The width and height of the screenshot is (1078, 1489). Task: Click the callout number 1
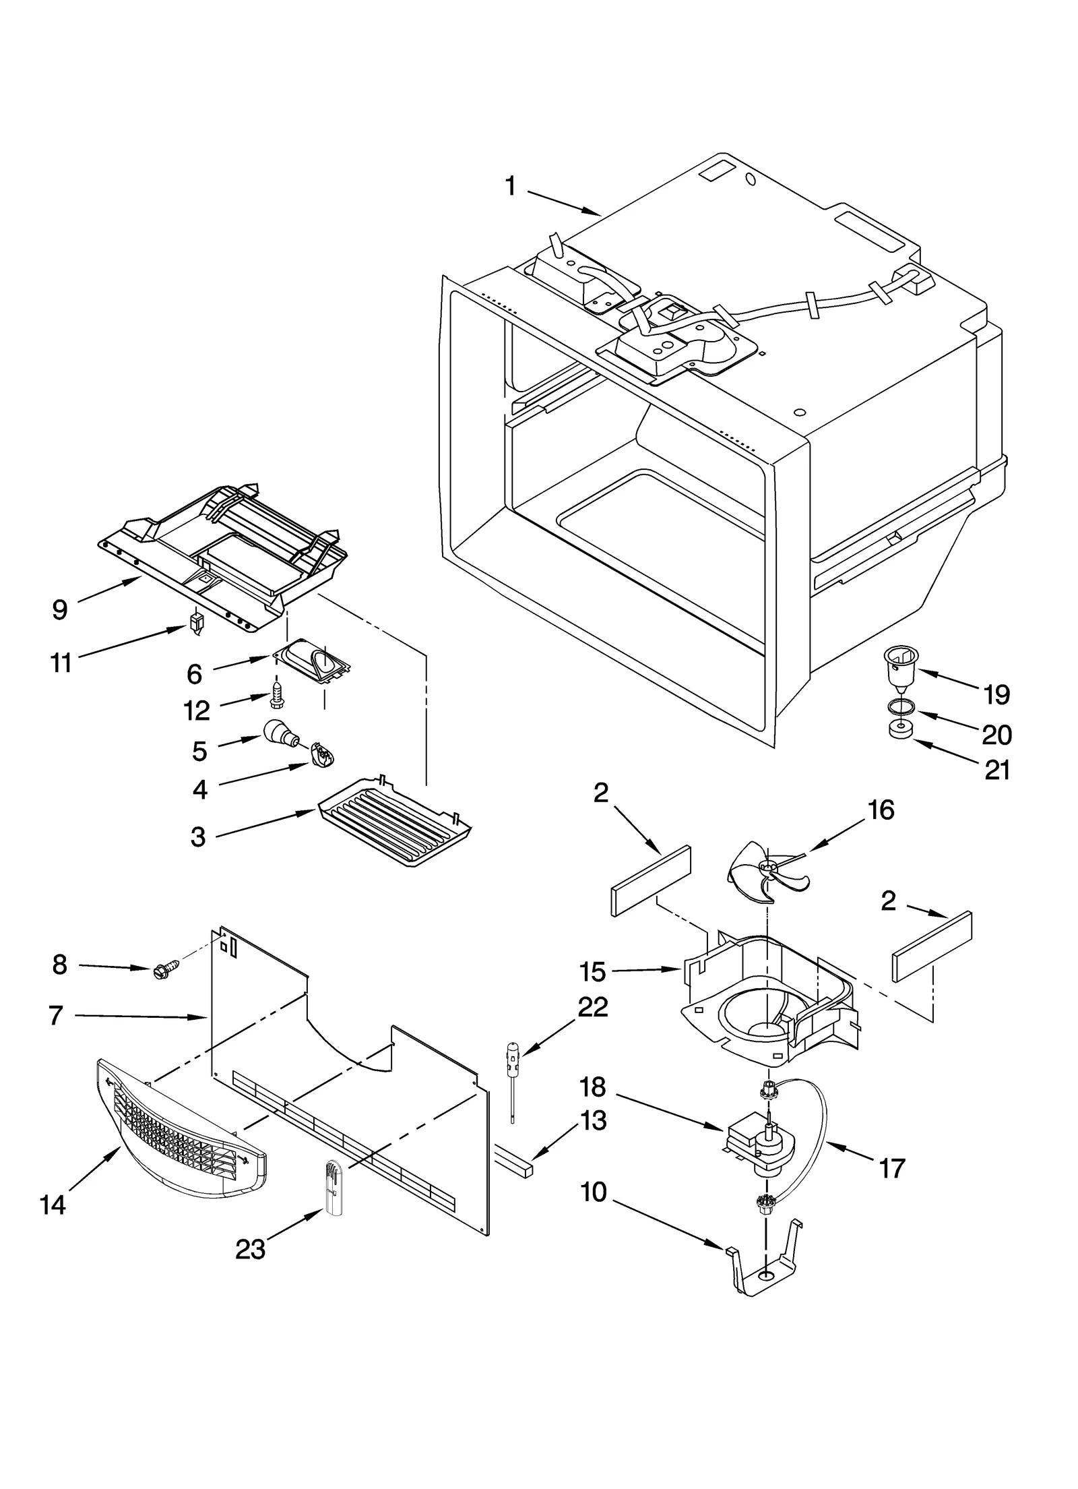pyautogui.click(x=510, y=186)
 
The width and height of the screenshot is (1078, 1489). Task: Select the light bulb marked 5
pyautogui.click(x=278, y=731)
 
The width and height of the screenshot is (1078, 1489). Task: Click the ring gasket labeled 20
pyautogui.click(x=899, y=706)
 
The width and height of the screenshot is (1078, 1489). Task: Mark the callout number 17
pyautogui.click(x=891, y=1169)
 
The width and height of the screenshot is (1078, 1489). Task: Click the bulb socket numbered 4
pyautogui.click(x=322, y=754)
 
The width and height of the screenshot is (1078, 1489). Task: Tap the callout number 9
pyautogui.click(x=60, y=609)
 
